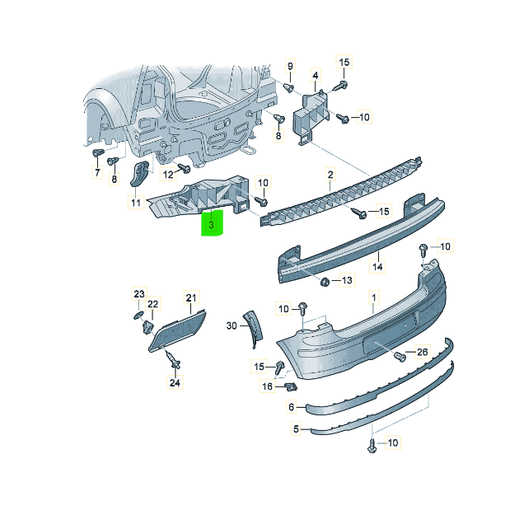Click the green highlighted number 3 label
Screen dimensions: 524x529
212,222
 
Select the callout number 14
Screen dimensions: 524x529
377,266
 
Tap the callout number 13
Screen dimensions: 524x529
347,280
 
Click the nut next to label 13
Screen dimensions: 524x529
325,281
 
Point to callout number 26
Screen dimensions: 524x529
423,352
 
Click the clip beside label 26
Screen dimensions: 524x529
400,357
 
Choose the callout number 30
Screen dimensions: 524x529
232,325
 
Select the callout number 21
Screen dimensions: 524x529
191,298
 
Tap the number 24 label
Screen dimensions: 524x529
175,382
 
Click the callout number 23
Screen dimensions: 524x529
139,294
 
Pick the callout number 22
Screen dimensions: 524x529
152,304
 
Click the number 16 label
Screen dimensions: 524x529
267,386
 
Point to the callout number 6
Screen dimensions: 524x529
292,407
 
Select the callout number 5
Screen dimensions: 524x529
296,428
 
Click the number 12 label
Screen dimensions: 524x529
168,175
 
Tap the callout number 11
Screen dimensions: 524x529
136,203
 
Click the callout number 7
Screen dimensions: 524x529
97,172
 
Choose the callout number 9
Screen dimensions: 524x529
290,66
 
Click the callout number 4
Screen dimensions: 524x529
316,75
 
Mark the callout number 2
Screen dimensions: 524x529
330,175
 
